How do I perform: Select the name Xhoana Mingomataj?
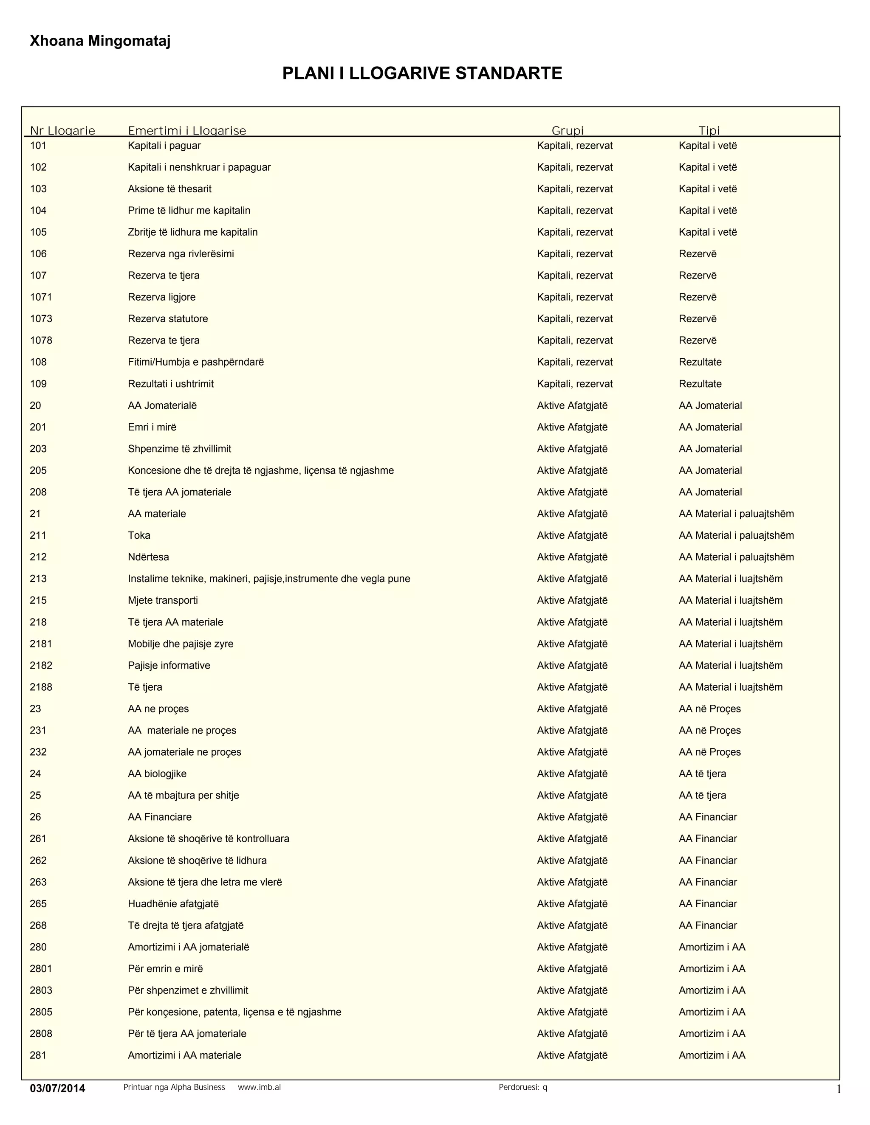pos(100,41)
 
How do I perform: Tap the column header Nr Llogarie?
pos(62,130)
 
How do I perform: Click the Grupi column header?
pos(568,130)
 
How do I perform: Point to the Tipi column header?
pos(709,130)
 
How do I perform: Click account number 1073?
pos(41,319)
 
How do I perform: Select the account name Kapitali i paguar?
pos(164,146)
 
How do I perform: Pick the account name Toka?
pos(139,535)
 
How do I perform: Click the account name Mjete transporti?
pos(163,600)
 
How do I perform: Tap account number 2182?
pos(41,666)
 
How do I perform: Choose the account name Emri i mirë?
pos(152,427)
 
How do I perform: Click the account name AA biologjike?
pos(157,773)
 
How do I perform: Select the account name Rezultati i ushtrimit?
pos(171,384)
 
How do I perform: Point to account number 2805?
pos(41,1012)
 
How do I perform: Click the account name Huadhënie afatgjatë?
pos(173,903)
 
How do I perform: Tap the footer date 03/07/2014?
pos(57,1088)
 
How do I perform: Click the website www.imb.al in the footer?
pos(259,1087)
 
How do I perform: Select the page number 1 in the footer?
pos(839,1089)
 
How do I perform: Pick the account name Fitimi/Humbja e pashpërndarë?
pos(196,362)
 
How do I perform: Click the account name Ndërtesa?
pos(148,557)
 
